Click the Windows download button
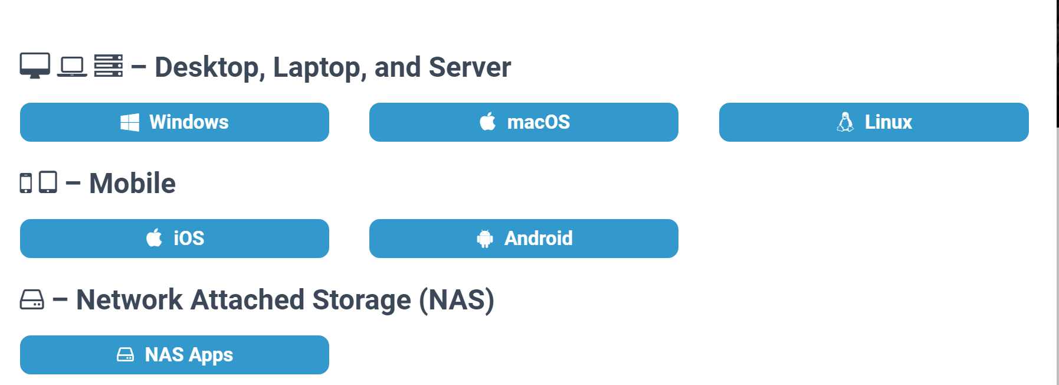coord(175,122)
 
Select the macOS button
coord(524,122)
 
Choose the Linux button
coord(874,122)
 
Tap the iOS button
coord(175,239)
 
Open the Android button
coord(524,239)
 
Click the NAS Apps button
coord(175,355)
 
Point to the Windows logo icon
coord(130,122)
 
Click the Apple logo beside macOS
coord(488,122)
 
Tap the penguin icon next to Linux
coord(845,122)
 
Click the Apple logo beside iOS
coord(155,238)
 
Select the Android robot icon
coord(485,239)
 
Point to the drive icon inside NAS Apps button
coord(126,355)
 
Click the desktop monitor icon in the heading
coord(35,66)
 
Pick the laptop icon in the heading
coord(72,67)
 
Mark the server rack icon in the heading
coord(109,66)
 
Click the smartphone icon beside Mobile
coord(26,183)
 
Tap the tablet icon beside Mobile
coord(48,182)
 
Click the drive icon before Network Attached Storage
coord(32,299)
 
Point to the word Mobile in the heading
coord(133,184)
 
